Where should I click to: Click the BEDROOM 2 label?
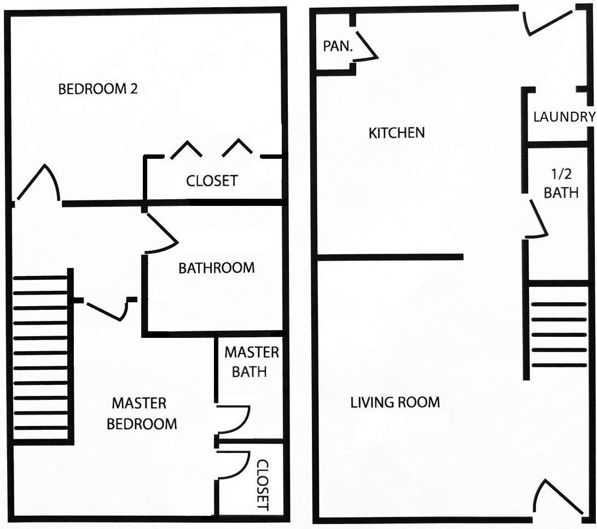(x=98, y=89)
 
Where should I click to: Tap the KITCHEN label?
(x=397, y=133)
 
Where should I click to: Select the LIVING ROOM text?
(x=395, y=403)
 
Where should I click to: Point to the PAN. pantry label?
(x=338, y=46)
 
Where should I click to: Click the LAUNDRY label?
(x=564, y=117)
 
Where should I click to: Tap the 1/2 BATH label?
(x=561, y=183)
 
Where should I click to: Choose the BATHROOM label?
(x=216, y=268)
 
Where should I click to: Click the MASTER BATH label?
(x=251, y=361)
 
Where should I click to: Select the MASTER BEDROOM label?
(x=142, y=413)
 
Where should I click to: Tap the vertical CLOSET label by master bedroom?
(x=263, y=485)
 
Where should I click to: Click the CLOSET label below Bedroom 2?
(x=212, y=181)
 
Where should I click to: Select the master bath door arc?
(x=233, y=420)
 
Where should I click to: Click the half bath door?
(x=536, y=220)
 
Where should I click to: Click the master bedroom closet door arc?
(x=233, y=465)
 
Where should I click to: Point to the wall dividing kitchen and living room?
(x=390, y=257)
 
